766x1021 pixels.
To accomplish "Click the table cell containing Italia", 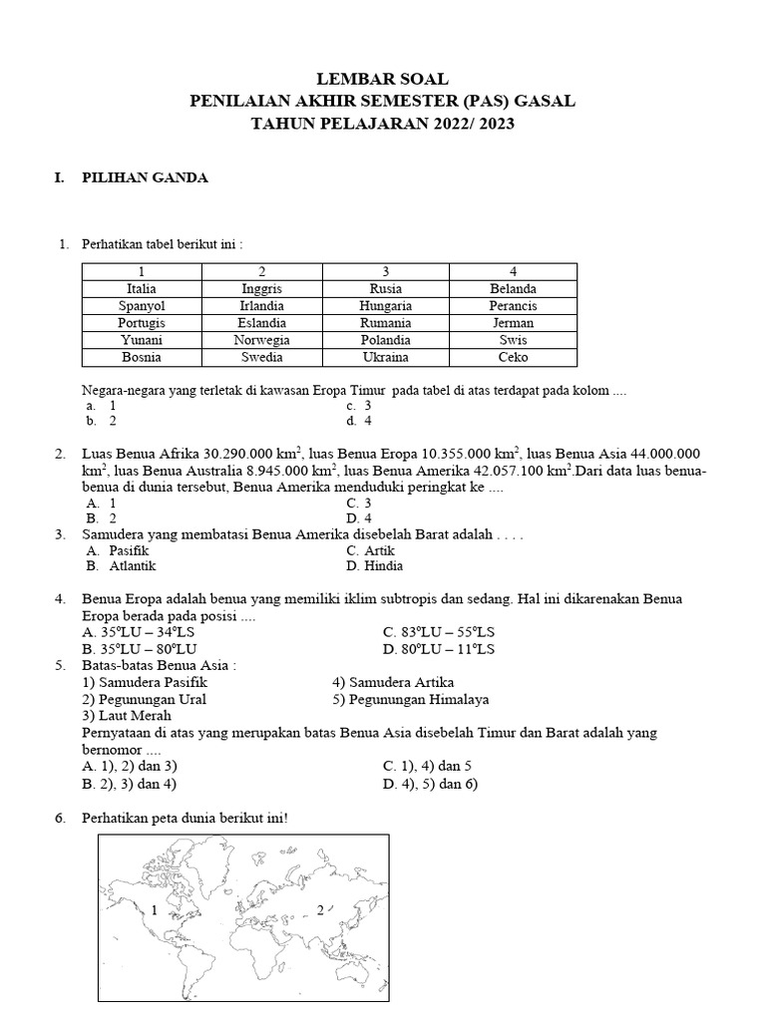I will click(x=142, y=289).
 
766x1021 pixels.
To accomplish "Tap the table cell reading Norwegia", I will click(x=262, y=340).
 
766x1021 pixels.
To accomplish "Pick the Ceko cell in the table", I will click(x=513, y=357).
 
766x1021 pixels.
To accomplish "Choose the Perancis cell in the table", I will click(x=513, y=306).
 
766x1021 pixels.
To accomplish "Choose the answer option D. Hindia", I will click(x=374, y=566).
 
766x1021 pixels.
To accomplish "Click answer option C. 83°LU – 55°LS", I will click(x=439, y=632).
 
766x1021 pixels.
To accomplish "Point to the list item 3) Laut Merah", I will click(x=128, y=715).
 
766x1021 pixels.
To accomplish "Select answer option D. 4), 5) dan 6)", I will click(x=430, y=784).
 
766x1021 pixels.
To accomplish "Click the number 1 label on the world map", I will click(x=155, y=910).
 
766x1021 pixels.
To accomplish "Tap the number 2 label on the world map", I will click(x=320, y=909).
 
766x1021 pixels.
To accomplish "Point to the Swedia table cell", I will click(x=262, y=357).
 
